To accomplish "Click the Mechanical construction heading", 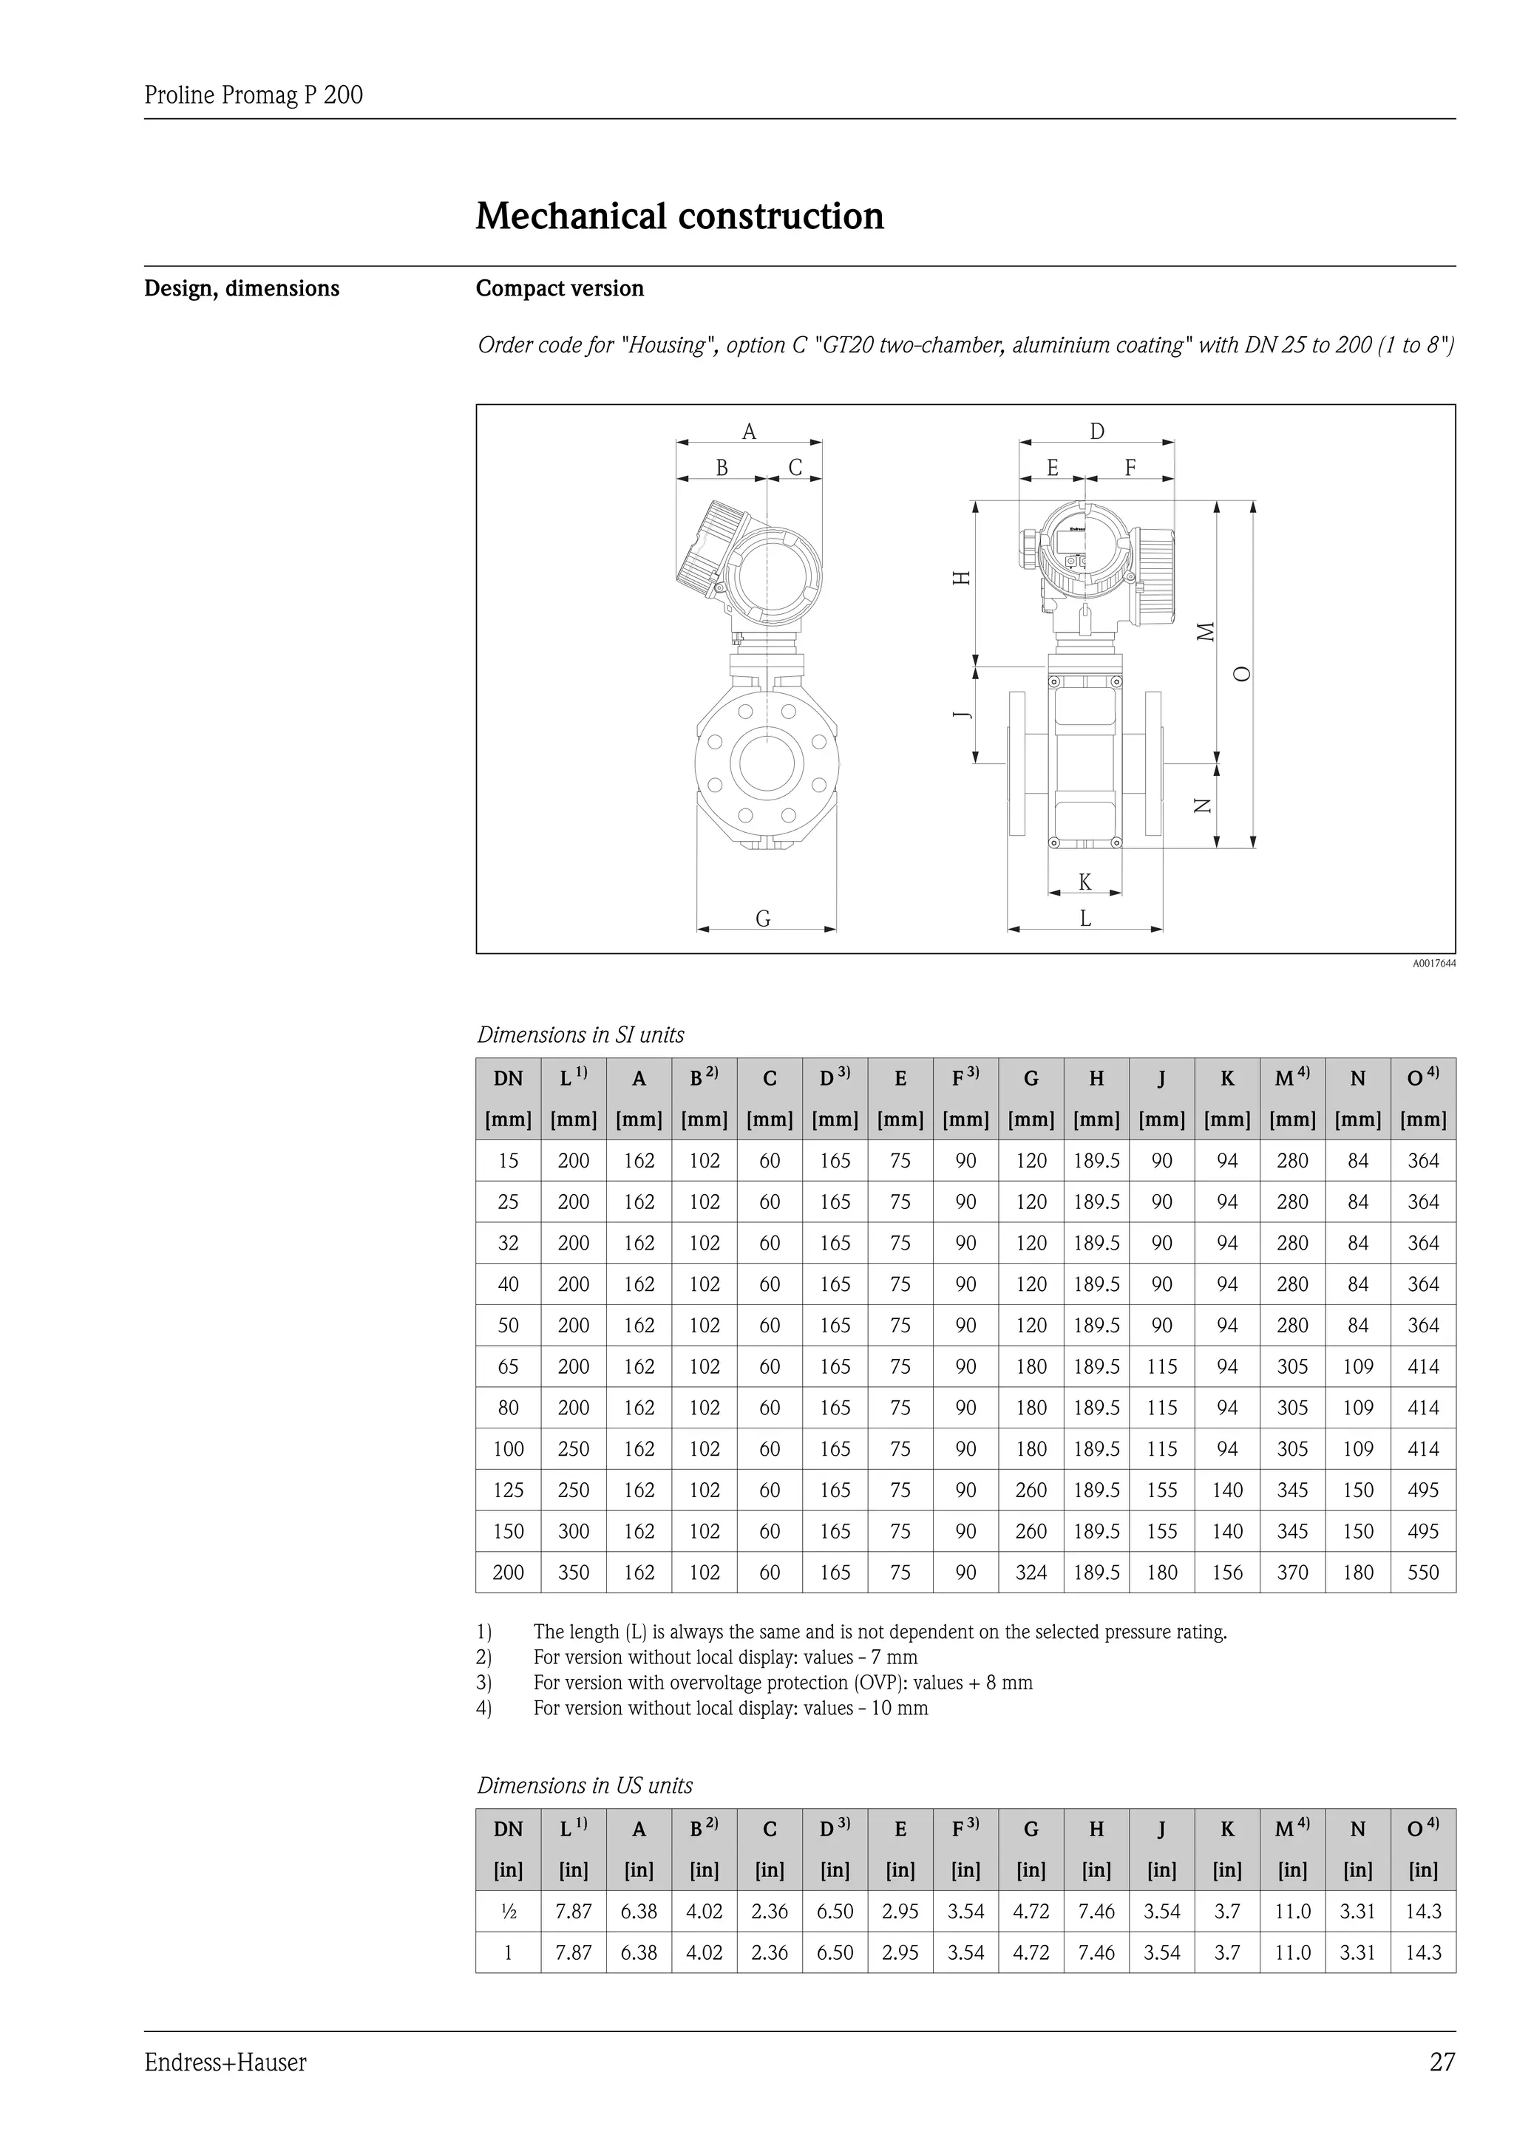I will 679,217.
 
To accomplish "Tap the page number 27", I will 1442,2062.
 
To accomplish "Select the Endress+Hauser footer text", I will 225,2062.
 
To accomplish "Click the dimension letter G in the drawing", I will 763,919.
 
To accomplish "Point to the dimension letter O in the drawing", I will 1241,674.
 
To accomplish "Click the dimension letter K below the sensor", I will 1084,882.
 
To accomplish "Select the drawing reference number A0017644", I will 1433,963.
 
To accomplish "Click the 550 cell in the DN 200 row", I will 1422,1572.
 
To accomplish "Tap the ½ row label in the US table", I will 508,1911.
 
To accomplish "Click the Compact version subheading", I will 560,288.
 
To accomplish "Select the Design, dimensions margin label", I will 242,288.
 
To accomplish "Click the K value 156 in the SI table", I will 1227,1572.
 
